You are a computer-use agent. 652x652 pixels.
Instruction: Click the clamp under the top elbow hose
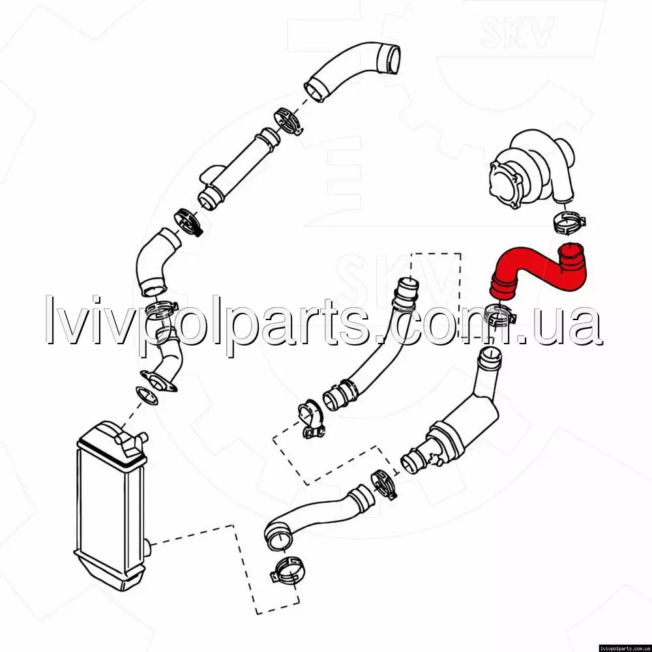pos(288,121)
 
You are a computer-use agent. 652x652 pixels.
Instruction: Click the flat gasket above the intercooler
pos(147,395)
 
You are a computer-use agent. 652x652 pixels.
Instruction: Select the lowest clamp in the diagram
pos(286,570)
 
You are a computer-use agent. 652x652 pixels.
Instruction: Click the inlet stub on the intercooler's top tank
pos(141,437)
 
